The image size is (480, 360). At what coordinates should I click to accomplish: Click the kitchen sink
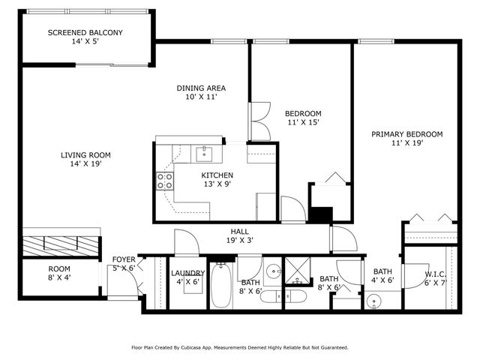pos(204,154)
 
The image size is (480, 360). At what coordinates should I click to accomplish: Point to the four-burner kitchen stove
pos(164,181)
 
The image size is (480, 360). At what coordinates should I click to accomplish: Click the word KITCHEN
pos(211,175)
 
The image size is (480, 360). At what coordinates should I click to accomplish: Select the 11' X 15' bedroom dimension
pos(304,122)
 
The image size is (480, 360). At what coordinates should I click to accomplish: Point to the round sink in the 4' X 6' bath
pos(375,301)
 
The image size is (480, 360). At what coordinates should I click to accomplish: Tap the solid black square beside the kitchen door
pos(320,214)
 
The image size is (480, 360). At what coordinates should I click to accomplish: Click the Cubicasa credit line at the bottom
pos(239,347)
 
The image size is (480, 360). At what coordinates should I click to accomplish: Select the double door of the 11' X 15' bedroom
pos(260,120)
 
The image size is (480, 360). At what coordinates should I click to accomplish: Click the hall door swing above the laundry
pos(184,241)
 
